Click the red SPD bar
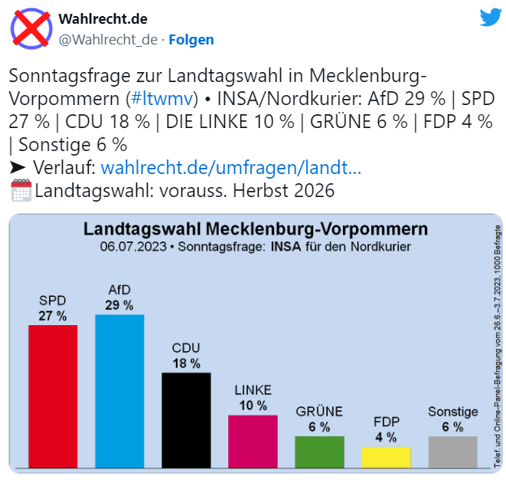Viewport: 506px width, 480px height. pyautogui.click(x=53, y=396)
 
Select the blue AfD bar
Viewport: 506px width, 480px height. pyautogui.click(x=119, y=390)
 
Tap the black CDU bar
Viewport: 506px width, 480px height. pyautogui.click(x=186, y=419)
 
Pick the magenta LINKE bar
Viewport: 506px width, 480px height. pyautogui.click(x=253, y=441)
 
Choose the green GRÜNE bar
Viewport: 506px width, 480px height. pyautogui.click(x=319, y=452)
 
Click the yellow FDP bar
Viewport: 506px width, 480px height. pyautogui.click(x=386, y=457)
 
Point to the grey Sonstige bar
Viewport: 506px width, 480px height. pyautogui.click(x=452, y=452)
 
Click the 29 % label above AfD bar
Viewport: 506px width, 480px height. pyautogui.click(x=119, y=305)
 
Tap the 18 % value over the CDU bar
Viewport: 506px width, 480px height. pyautogui.click(x=186, y=363)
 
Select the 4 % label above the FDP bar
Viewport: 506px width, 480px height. pyautogui.click(x=386, y=438)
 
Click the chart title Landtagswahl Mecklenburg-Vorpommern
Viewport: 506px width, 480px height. pyautogui.click(x=256, y=230)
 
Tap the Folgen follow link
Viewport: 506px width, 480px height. pyautogui.click(x=191, y=39)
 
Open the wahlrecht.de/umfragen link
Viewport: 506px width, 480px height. pyautogui.click(x=231, y=167)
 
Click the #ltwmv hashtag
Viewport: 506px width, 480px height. pyautogui.click(x=162, y=99)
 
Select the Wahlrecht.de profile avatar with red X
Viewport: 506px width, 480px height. pyautogui.click(x=30, y=29)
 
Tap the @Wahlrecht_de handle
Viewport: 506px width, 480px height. pyautogui.click(x=108, y=39)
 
